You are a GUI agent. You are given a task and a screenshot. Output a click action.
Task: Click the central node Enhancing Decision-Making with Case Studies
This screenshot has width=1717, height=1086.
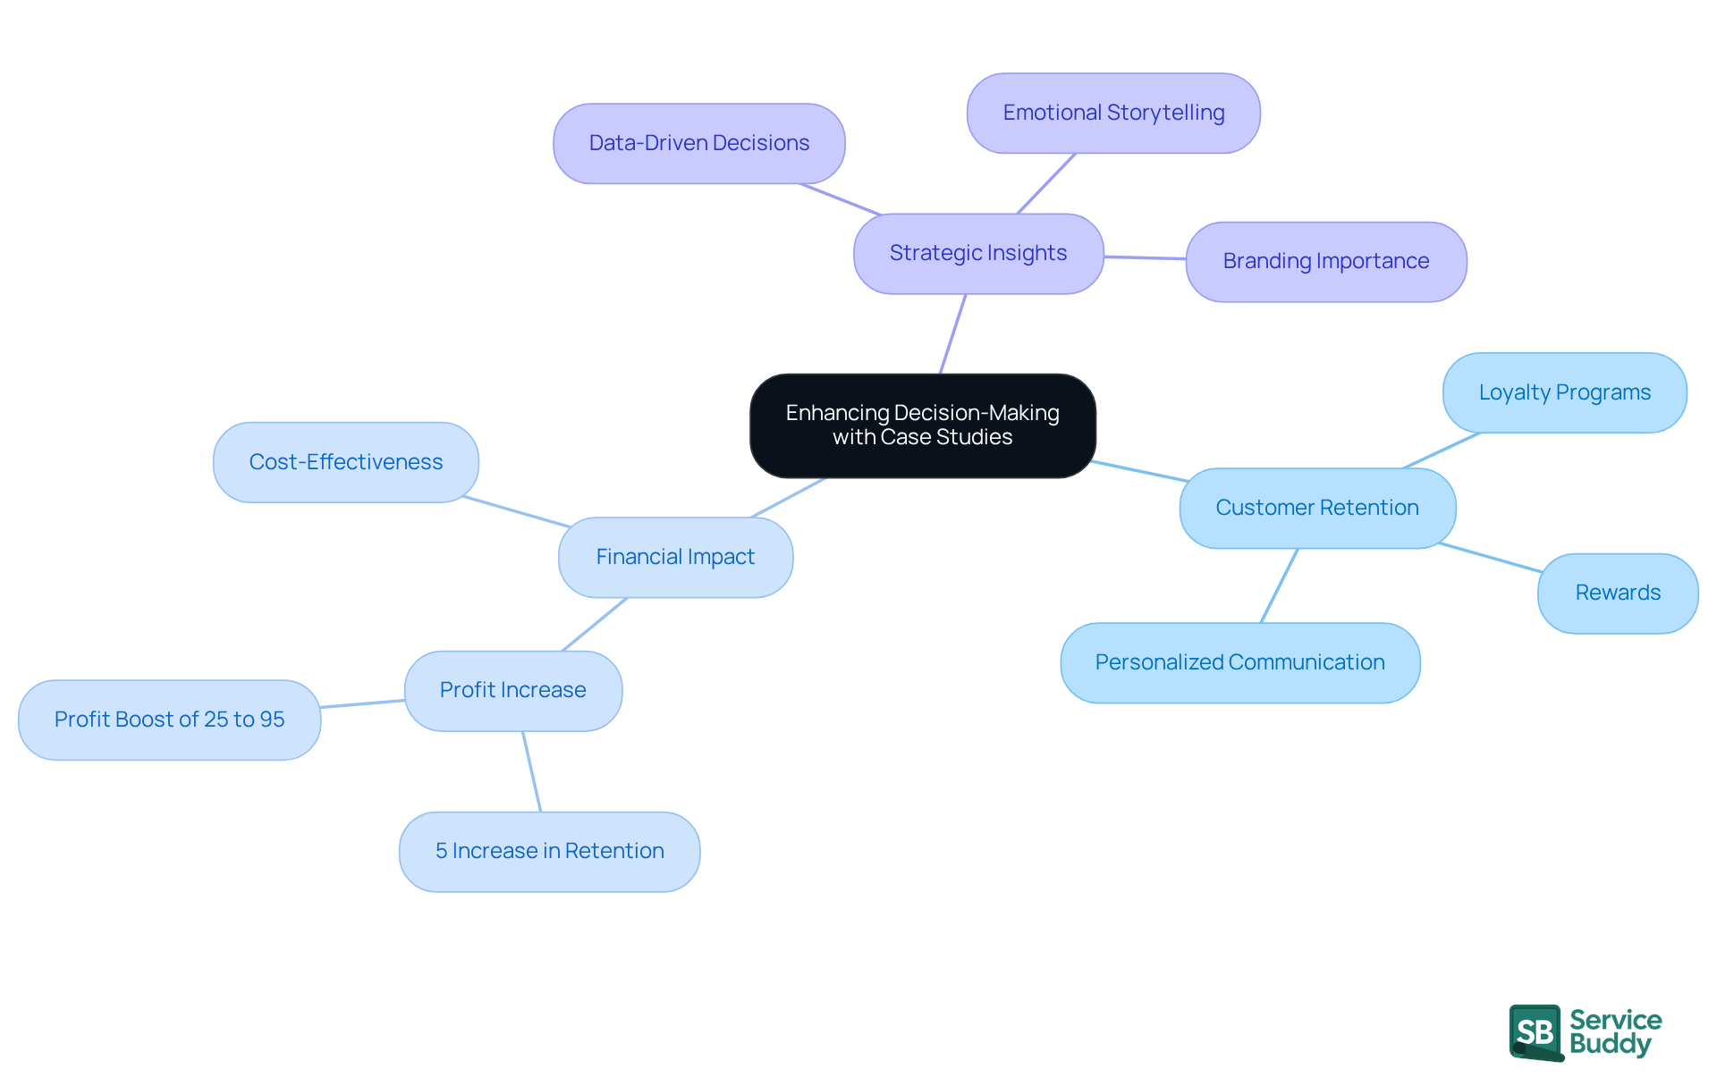coord(922,425)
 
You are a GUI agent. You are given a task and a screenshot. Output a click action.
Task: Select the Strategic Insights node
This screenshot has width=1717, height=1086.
coord(977,254)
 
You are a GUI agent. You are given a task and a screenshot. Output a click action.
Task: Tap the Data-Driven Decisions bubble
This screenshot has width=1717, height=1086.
coord(698,144)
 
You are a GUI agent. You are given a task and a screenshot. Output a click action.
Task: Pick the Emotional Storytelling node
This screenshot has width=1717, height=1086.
coord(1112,114)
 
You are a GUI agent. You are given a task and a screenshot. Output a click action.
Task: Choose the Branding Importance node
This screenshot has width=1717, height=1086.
coord(1325,262)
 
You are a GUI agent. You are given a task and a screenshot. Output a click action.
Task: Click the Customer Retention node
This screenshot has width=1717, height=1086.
coord(1316,508)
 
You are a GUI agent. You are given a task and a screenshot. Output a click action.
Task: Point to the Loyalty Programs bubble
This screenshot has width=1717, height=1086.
coord(1564,393)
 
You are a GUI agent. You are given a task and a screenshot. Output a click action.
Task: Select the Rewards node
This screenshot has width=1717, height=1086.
coord(1617,594)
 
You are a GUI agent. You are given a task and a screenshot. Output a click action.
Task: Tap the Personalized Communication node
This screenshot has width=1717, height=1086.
coord(1239,663)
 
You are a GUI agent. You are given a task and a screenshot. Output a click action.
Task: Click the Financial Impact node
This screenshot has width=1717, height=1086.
coord(675,558)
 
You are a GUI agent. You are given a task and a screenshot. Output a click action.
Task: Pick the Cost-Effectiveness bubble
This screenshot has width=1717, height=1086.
coord(345,463)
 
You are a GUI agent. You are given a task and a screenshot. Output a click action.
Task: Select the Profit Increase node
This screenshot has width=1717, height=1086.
coord(512,691)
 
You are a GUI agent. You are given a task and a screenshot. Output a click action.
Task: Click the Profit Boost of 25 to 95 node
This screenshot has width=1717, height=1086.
coord(169,720)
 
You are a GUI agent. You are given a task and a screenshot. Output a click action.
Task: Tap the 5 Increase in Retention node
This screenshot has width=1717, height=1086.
coord(549,852)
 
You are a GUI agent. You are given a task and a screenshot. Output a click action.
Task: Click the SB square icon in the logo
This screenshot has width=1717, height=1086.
coord(1535,1032)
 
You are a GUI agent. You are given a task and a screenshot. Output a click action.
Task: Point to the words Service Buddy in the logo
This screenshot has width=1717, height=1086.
coord(1614,1032)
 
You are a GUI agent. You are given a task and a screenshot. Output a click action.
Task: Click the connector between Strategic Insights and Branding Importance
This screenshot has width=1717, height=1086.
coord(1145,257)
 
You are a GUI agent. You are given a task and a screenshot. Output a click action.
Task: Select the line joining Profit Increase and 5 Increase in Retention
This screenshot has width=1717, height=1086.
coord(532,771)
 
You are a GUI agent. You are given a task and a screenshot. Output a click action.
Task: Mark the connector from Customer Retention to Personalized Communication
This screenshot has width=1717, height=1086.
coord(1279,585)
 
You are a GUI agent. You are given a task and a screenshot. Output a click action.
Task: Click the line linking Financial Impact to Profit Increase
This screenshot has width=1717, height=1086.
coord(595,624)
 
